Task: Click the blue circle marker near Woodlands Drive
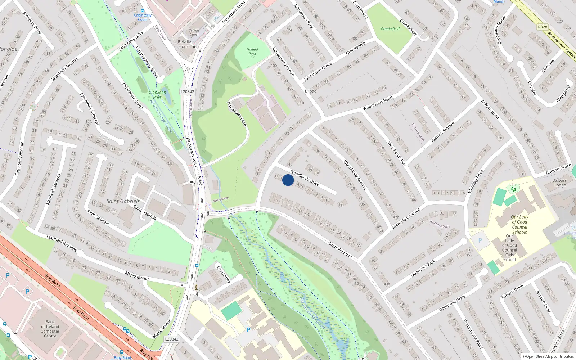click(288, 180)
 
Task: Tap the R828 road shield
click(543, 27)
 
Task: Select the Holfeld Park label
click(252, 51)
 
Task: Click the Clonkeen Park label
click(157, 95)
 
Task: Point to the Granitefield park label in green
click(390, 29)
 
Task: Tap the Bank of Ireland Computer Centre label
click(50, 329)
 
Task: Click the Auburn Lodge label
click(560, 183)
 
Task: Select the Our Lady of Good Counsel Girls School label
click(509, 248)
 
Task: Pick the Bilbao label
click(311, 91)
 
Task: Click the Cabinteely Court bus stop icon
click(143, 11)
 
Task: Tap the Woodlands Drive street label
click(305, 178)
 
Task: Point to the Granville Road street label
click(340, 249)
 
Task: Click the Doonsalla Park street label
click(423, 268)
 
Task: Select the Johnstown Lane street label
click(237, 114)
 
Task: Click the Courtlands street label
click(224, 274)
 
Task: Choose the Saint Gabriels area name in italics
click(123, 201)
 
